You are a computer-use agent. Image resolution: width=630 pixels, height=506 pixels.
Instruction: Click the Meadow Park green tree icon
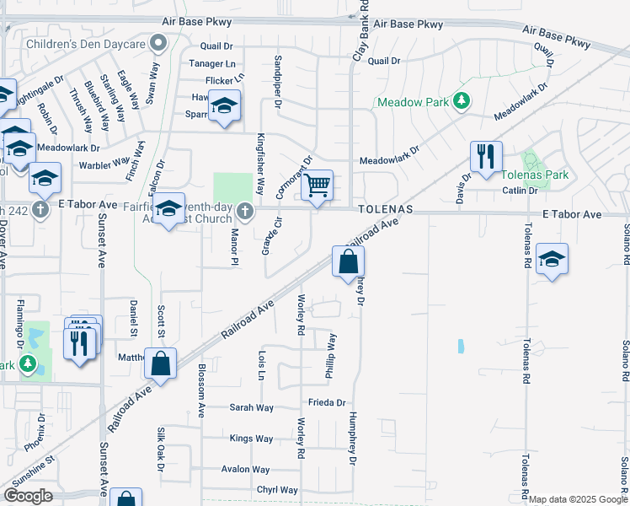click(461, 101)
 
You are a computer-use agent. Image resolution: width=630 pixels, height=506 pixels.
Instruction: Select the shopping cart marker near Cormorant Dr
click(317, 185)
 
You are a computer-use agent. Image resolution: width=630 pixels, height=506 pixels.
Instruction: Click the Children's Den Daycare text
click(86, 42)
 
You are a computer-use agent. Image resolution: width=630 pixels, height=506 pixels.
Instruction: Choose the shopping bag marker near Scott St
click(161, 363)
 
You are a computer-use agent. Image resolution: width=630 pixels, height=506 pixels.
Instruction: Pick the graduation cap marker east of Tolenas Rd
click(552, 259)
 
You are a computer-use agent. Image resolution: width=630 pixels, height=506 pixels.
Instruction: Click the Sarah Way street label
click(252, 407)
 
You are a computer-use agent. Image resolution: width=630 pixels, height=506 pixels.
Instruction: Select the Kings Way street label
click(251, 439)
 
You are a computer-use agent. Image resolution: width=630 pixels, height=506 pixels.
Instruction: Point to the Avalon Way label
click(245, 470)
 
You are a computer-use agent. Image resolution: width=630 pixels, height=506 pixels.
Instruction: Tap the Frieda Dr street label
click(327, 402)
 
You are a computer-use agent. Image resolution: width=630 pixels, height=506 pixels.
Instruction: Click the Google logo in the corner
click(28, 496)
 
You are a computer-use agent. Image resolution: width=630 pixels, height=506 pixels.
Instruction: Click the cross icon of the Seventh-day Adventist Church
click(244, 210)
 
